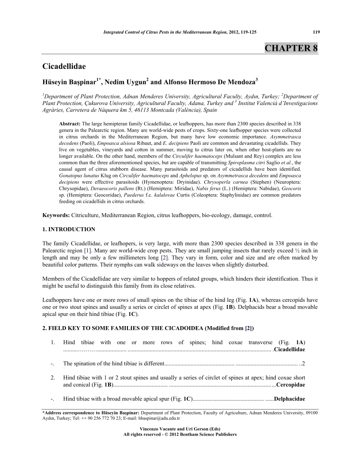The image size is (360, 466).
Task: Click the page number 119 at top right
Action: (316, 32)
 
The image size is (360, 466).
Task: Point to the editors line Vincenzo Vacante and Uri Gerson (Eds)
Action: (180, 429)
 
